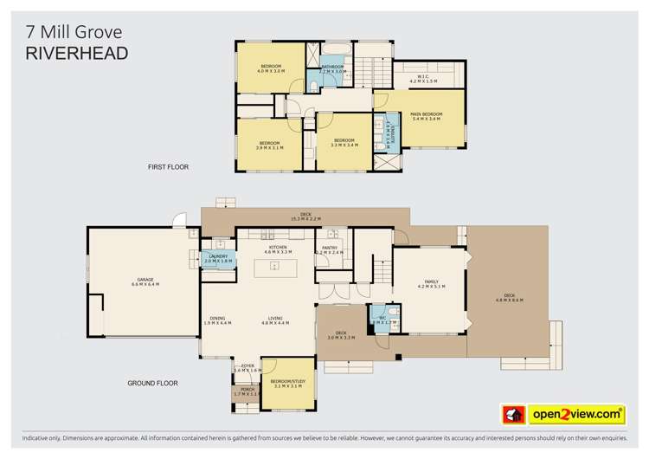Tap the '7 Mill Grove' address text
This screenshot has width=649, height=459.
73,31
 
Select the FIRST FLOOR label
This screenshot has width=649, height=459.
168,166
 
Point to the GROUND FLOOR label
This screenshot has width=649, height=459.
152,382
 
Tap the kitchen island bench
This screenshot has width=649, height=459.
274,267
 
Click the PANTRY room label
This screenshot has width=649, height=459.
329,248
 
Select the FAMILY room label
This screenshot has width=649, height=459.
430,281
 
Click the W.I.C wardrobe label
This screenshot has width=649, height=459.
422,76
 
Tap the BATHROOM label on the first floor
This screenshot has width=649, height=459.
333,66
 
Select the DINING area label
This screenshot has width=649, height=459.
217,318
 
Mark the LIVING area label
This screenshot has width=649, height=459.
275,318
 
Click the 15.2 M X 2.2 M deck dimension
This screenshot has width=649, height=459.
305,220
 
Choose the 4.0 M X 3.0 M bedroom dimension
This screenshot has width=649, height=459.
270,71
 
